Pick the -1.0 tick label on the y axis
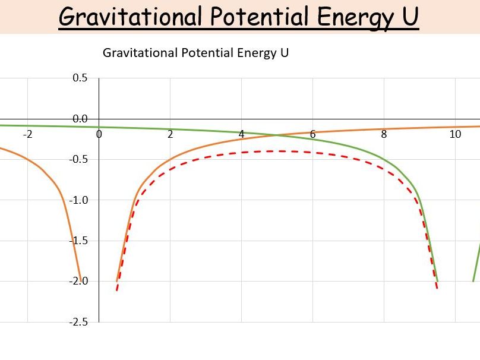[x=78, y=200]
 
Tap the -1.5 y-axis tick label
[x=78, y=241]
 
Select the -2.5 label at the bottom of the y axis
[x=78, y=322]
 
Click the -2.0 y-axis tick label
[x=78, y=281]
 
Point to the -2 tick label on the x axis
[x=27, y=134]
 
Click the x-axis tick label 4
[x=241, y=134]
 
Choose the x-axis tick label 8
[x=384, y=134]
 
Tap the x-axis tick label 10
[x=455, y=134]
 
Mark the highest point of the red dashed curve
[x=277, y=151]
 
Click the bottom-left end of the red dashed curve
[x=117, y=290]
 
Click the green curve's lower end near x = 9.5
[x=437, y=281]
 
